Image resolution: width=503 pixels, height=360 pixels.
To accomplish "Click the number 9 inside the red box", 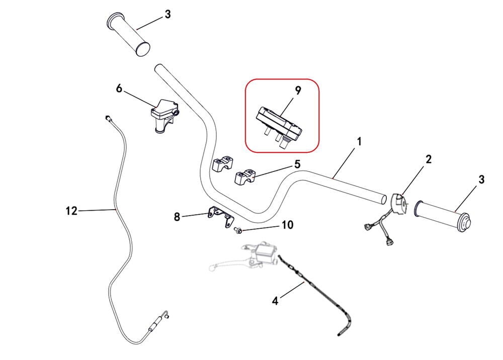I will (298, 91).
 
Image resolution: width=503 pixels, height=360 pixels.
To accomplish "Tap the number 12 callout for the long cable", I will (71, 211).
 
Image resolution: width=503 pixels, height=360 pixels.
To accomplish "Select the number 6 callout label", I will (119, 88).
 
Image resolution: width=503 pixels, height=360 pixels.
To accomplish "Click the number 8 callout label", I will (177, 217).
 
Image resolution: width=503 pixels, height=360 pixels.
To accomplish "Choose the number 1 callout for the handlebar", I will (359, 142).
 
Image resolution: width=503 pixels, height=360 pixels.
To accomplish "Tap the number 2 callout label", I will (429, 159).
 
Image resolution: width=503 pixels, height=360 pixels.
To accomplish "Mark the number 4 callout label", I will (275, 301).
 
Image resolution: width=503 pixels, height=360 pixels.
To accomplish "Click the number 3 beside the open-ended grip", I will (167, 15).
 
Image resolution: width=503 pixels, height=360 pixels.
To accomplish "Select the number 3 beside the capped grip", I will (481, 179).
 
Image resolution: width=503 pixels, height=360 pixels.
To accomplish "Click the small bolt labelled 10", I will (238, 230).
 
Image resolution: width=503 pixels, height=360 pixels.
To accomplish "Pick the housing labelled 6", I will (163, 115).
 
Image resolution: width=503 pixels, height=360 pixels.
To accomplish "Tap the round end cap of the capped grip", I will (464, 223).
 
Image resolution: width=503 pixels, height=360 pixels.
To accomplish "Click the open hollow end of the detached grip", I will (143, 48).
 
